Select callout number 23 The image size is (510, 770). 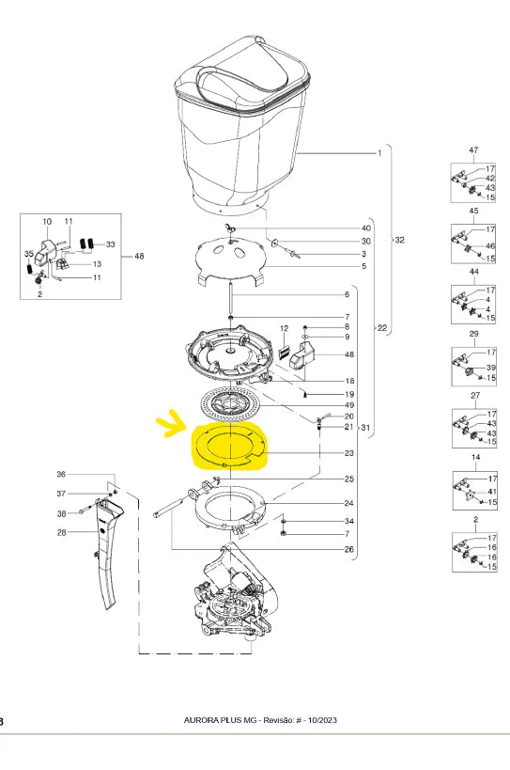coord(349,453)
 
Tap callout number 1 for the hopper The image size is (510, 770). coord(379,153)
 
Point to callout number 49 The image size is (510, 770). coord(349,405)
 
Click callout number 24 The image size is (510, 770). coord(348,503)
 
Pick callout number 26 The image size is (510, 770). coord(348,549)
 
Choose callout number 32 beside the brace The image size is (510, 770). coord(400,240)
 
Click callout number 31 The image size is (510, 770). coord(365,428)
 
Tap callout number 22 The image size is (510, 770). coord(382,327)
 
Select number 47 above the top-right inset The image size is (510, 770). coord(473,150)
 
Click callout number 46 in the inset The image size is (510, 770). coord(490,246)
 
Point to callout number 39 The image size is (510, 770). coord(491,368)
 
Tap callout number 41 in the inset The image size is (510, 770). coord(492,491)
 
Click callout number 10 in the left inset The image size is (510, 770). coord(47,222)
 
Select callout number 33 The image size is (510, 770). coord(110,244)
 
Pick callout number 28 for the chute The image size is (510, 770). coord(61,532)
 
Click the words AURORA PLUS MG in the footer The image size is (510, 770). coord(220,720)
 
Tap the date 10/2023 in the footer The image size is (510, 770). coord(322,720)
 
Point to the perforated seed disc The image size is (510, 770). coord(229,403)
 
